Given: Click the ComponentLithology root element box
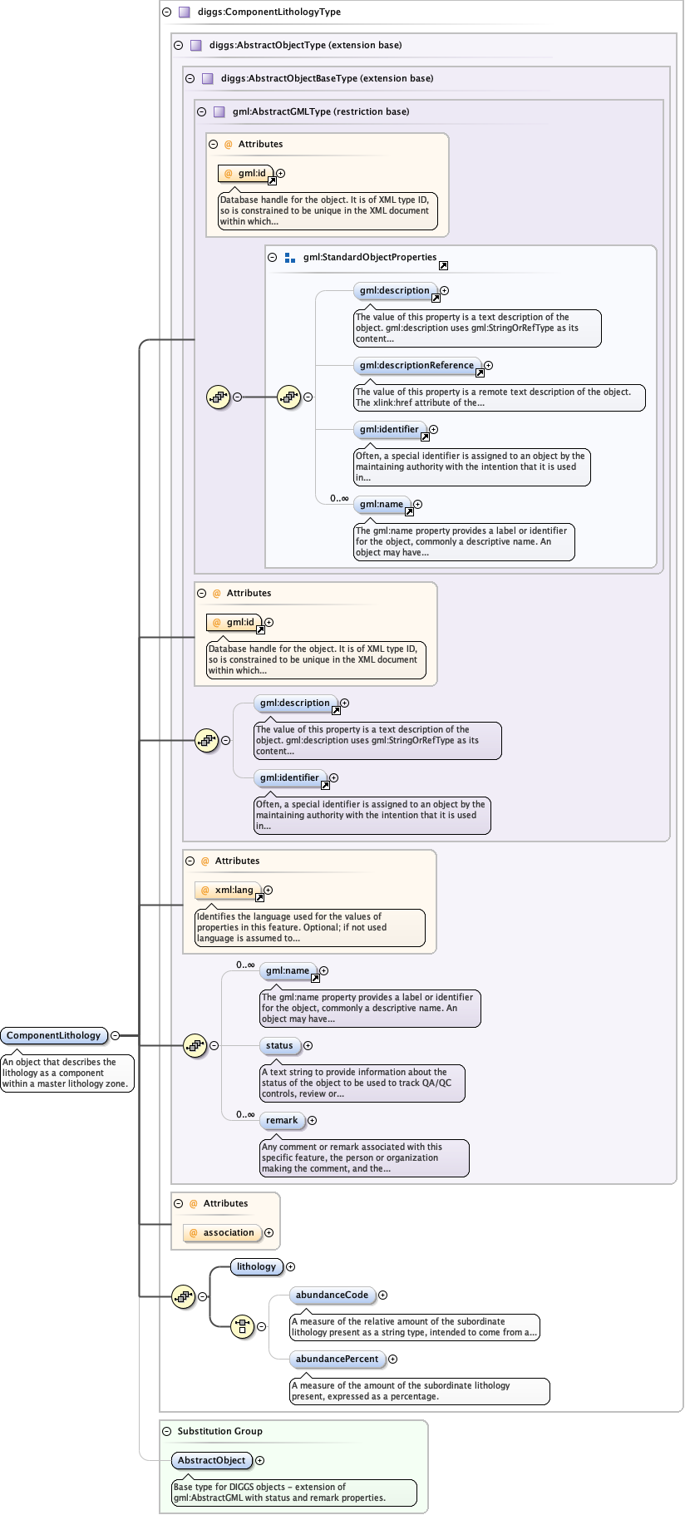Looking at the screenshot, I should coord(54,1035).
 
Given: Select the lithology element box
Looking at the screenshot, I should coord(256,1266).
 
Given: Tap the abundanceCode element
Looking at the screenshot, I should coord(332,1295).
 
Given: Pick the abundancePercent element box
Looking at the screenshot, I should coord(337,1359).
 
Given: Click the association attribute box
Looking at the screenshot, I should coord(222,1232).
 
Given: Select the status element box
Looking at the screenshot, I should coord(279,1045).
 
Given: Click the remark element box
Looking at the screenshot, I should coord(282,1120).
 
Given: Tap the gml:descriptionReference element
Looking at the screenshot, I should coord(416,365).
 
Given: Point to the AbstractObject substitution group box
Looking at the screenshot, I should coord(211,1460).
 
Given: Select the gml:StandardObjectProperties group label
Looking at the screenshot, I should coord(369,257).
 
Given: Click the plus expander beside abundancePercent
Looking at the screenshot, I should coord(392,1359).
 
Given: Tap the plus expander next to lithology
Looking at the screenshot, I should coord(290,1266).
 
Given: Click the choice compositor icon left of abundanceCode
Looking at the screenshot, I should coord(242,1326).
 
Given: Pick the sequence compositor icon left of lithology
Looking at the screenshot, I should coord(183,1296).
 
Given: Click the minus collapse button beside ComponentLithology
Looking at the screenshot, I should coord(116,1035).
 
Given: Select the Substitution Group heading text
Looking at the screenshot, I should coord(219,1431).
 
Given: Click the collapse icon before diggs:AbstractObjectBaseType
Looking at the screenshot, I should coord(190,78).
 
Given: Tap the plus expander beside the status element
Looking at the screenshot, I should coord(308,1045).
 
